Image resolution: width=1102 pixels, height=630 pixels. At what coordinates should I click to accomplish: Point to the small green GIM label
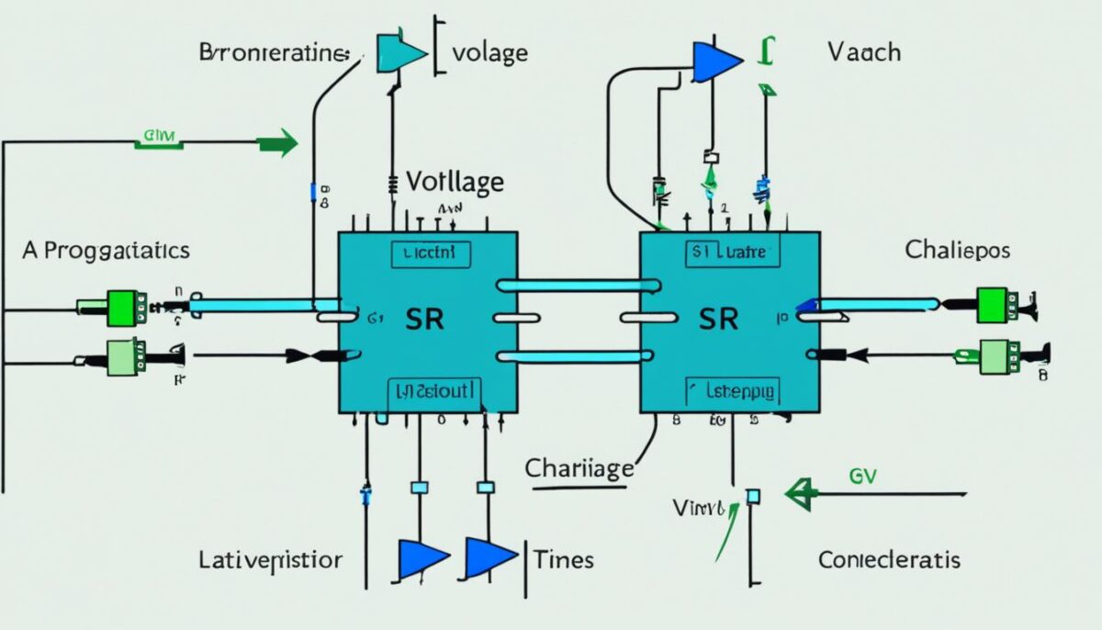pyautogui.click(x=160, y=139)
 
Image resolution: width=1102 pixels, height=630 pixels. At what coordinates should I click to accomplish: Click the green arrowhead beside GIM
pyautogui.click(x=280, y=142)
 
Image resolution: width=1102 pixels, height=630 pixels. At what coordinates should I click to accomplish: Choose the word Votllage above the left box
pyautogui.click(x=455, y=182)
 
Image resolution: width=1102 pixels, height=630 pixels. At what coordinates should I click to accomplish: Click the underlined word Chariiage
pyautogui.click(x=579, y=467)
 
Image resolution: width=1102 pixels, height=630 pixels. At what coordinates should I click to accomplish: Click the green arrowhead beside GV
pyautogui.click(x=801, y=494)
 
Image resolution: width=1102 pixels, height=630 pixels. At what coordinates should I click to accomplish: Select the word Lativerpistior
pyautogui.click(x=270, y=558)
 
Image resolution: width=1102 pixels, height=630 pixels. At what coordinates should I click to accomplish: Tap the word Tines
pyautogui.click(x=563, y=558)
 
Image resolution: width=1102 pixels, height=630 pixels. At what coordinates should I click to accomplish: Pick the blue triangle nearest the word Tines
pyautogui.click(x=489, y=557)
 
